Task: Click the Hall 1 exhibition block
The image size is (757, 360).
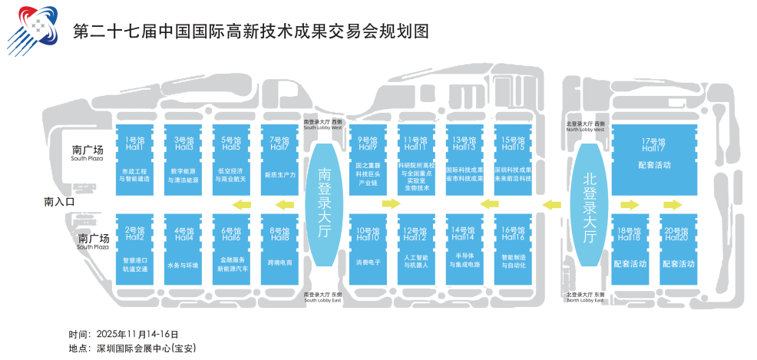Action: pos(134,157)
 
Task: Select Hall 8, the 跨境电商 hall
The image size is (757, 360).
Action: pos(279,246)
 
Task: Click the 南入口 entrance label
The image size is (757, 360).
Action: pos(61,203)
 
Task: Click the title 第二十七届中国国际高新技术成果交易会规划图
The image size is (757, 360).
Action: pos(250,31)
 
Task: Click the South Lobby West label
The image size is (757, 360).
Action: pos(324,124)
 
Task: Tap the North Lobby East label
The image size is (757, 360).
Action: pos(586,298)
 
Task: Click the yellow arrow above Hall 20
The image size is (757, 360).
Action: pos(673,204)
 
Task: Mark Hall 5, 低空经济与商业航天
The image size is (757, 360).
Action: pos(231,157)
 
